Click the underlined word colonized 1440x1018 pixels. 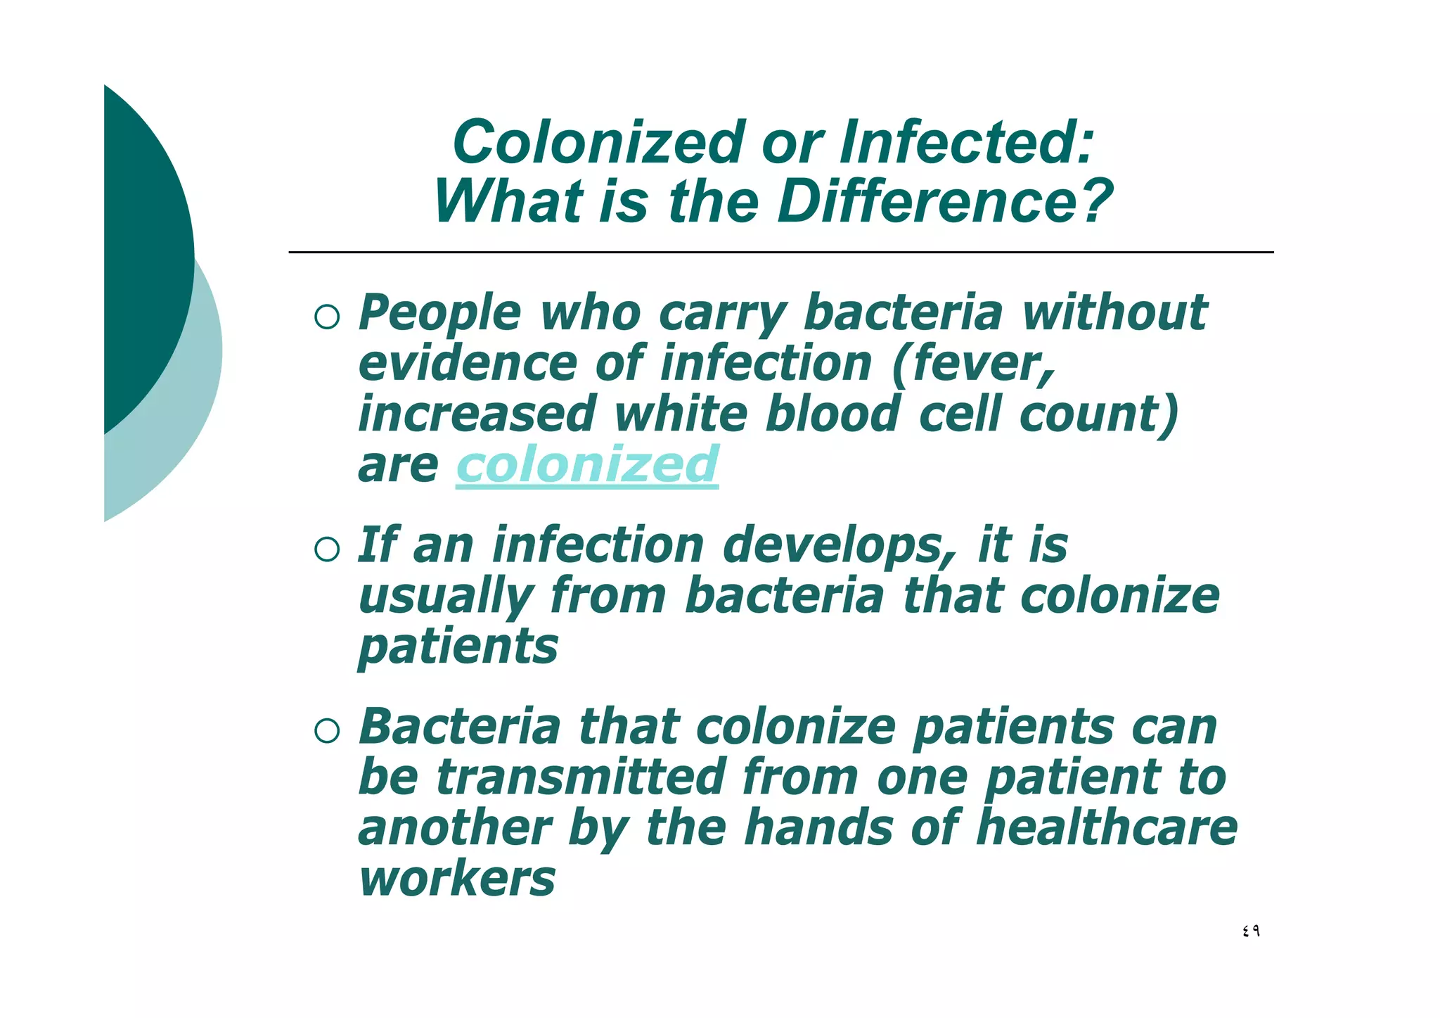pyautogui.click(x=587, y=465)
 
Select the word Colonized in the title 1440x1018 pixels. pyautogui.click(x=598, y=143)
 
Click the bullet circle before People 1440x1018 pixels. pyautogui.click(x=327, y=317)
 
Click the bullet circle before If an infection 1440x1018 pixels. pyautogui.click(x=327, y=549)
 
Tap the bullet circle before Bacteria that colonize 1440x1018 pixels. pyautogui.click(x=327, y=731)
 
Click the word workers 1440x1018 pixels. pyautogui.click(x=457, y=879)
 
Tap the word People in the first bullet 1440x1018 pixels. pyautogui.click(x=440, y=313)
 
